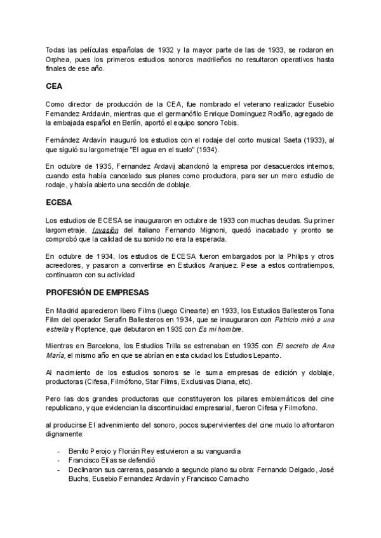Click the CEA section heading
tap(53, 86)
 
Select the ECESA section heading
tap(59, 203)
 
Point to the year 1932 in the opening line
tap(161, 49)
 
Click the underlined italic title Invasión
tap(105, 229)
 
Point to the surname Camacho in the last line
tap(233, 480)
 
